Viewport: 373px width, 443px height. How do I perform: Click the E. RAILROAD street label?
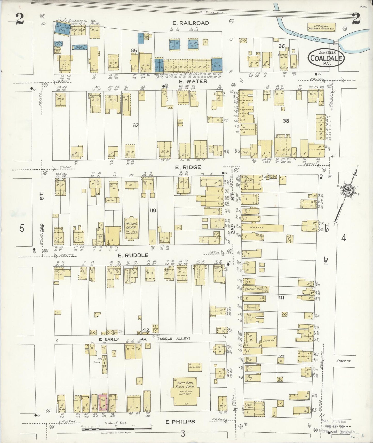pos(191,23)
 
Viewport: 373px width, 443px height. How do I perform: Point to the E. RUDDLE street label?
pos(133,255)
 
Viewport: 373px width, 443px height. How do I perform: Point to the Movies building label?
pos(257,227)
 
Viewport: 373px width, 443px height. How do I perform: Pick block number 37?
pos(135,126)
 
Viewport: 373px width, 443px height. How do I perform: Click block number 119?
pos(153,211)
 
